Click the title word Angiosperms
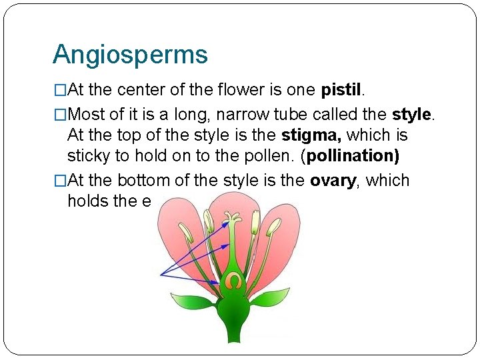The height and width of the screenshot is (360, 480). (x=130, y=55)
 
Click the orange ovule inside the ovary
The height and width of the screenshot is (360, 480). (x=232, y=281)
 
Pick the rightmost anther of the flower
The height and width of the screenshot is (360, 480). (x=273, y=228)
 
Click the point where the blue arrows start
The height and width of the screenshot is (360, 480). (x=161, y=274)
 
